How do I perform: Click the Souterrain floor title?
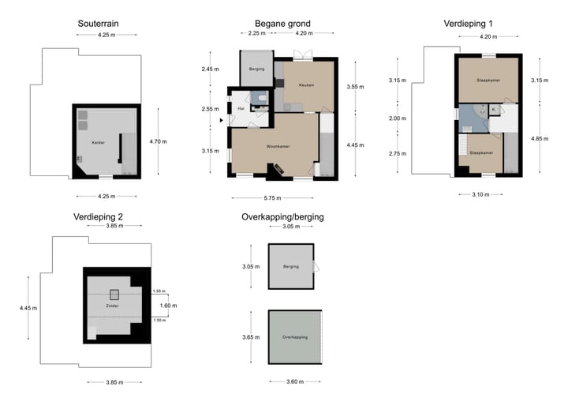pos(99,24)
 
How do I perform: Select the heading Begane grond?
pos(282,24)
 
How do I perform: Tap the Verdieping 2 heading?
pos(98,216)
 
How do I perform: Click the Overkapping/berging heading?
pos(282,216)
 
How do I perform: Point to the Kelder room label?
pos(99,143)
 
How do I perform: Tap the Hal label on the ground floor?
pos(241,108)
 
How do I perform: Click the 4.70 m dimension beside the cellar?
pos(159,141)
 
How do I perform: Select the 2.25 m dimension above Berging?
pos(256,34)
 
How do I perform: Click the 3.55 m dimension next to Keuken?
pos(356,87)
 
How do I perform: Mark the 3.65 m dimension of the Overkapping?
pos(251,338)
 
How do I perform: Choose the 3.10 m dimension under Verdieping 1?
pos(480,194)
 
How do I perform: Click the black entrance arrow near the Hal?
pos(222,121)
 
